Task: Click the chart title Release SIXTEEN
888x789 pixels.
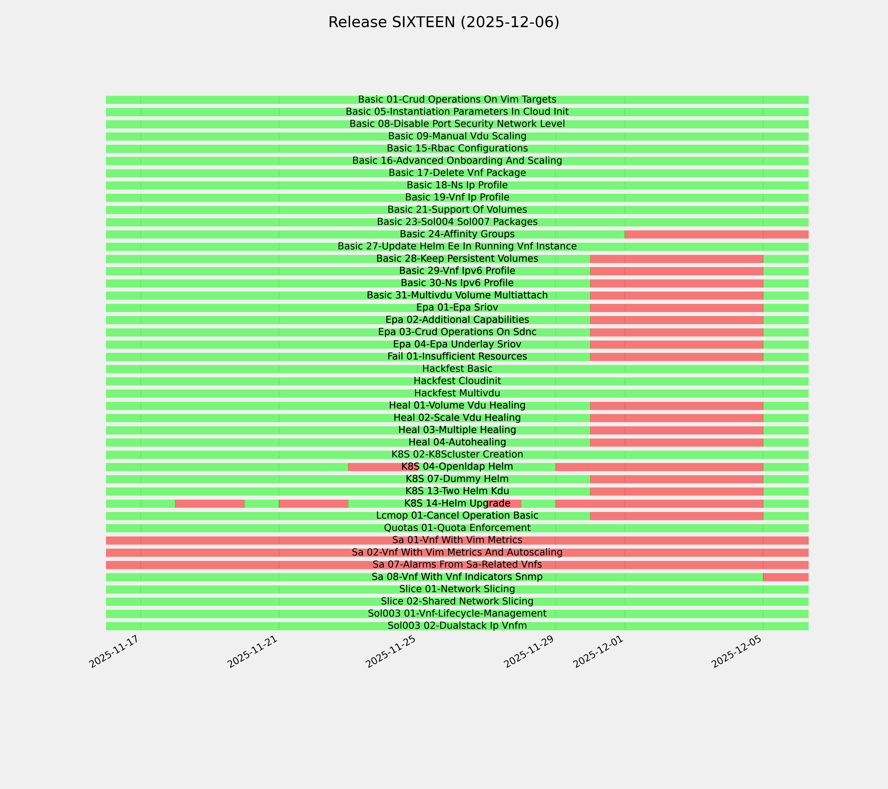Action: (444, 22)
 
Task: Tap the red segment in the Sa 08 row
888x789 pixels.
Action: (786, 577)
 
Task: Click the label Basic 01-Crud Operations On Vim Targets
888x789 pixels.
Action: (457, 99)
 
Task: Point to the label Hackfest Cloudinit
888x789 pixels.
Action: (457, 381)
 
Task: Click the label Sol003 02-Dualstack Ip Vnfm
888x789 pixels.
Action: (457, 626)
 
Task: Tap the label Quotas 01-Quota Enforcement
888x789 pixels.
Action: (457, 528)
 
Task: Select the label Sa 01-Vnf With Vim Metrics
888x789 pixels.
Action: (457, 540)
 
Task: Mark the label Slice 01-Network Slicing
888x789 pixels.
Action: (457, 589)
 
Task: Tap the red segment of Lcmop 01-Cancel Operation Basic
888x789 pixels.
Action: (676, 516)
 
